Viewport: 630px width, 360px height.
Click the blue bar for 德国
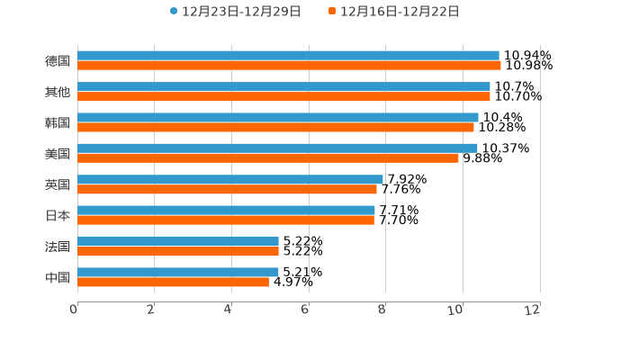[x=288, y=56]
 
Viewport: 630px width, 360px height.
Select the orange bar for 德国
[x=289, y=66]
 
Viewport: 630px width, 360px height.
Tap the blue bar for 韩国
[x=278, y=117]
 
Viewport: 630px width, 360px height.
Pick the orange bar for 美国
[x=268, y=158]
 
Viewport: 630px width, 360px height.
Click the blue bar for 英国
[x=230, y=179]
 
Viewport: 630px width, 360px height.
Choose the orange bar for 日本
[x=226, y=220]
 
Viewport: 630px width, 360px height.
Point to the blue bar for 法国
[x=178, y=241]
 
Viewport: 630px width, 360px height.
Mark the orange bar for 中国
[x=173, y=282]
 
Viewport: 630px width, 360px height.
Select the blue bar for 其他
[x=283, y=86]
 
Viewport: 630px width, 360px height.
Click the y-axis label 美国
[x=58, y=154]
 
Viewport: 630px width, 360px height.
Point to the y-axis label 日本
[x=58, y=215]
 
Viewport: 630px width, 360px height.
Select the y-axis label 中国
[x=58, y=277]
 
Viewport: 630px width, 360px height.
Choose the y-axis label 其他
[x=58, y=92]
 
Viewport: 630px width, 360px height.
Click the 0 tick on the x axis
[x=74, y=310]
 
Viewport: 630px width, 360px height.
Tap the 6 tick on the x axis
[x=305, y=310]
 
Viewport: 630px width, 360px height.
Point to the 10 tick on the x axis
[x=456, y=310]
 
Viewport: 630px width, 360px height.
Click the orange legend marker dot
[x=332, y=12]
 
